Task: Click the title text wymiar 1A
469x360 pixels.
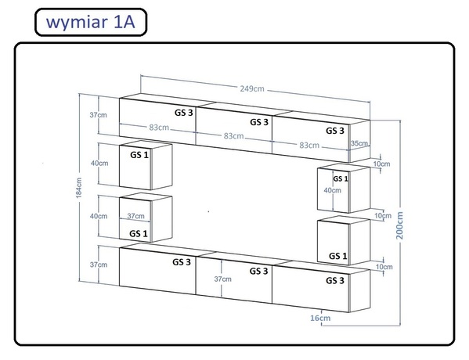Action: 91,23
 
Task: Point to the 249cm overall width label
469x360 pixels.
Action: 252,88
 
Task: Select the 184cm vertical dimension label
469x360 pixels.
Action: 78,188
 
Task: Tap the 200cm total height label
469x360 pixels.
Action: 399,225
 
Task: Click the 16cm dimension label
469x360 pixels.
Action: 320,318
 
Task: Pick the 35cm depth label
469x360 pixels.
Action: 359,143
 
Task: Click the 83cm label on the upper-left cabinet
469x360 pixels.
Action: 159,128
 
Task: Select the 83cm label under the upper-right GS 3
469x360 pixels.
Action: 309,146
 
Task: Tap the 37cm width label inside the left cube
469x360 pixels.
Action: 135,216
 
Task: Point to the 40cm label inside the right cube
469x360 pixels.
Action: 332,190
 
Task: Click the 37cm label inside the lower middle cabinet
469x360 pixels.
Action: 223,279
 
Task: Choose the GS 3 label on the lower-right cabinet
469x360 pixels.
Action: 335,280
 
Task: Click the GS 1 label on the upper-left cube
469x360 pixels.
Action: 139,155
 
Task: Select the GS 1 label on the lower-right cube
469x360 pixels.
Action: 338,256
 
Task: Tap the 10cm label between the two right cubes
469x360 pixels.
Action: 383,215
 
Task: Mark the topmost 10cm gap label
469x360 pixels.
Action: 381,164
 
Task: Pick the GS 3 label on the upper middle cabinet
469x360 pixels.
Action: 259,122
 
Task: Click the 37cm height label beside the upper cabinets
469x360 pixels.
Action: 98,115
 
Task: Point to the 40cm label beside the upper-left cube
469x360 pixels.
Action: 99,164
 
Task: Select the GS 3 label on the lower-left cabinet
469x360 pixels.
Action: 182,262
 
